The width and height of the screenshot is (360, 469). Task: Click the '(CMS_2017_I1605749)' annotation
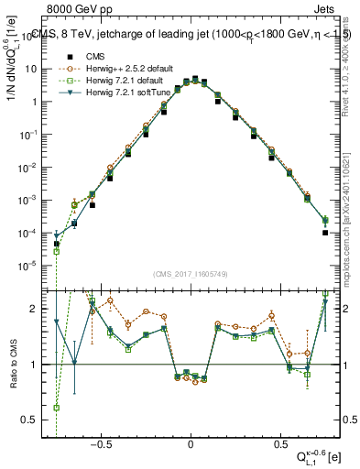[191, 274]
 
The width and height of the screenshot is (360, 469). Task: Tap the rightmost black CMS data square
[325, 233]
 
